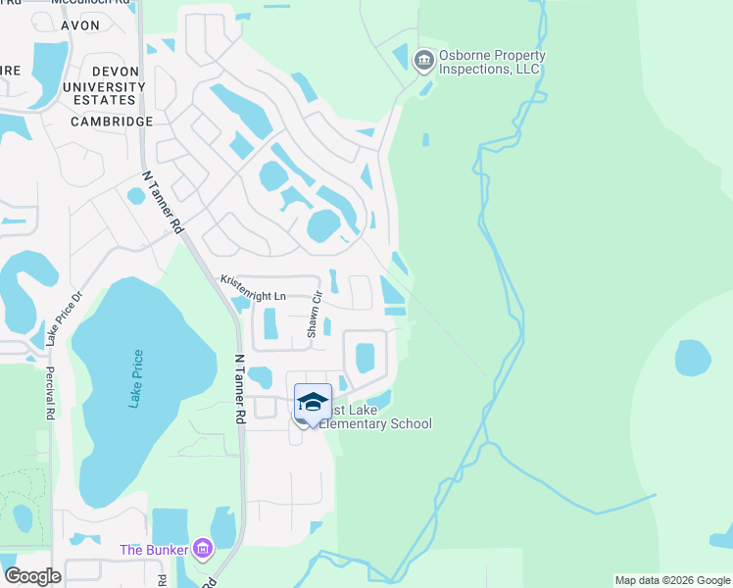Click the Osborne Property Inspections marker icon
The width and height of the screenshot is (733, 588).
pos(423,62)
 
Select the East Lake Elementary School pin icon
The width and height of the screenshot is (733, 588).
pos(313,403)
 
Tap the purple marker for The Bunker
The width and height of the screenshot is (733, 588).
pos(203,549)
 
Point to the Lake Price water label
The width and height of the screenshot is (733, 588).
pos(135,380)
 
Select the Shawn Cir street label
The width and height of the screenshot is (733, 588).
pos(315,315)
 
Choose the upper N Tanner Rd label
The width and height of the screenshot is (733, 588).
pos(163,202)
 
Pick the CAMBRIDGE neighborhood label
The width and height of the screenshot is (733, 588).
pos(112,122)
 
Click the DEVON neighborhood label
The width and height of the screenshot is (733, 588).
pos(116,72)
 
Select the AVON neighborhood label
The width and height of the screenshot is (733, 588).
pos(79,25)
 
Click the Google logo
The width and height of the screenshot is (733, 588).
pos(32,575)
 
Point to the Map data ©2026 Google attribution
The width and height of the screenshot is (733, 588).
pos(671,580)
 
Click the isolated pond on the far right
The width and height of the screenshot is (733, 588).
pos(693,358)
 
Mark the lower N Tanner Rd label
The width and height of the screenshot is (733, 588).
pos(238,388)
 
